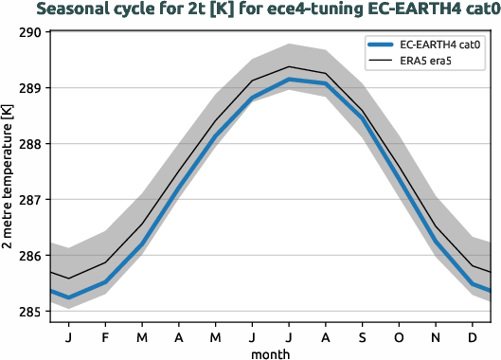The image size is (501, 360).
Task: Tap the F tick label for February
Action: (105, 335)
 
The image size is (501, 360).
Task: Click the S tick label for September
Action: (363, 335)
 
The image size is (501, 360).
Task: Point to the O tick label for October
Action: (400, 335)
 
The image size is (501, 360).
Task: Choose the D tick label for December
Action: (473, 335)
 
